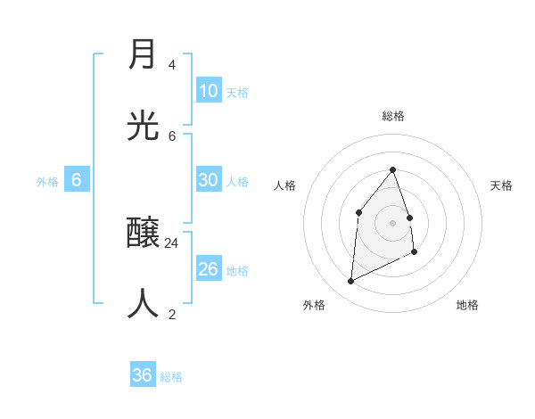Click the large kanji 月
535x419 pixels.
tap(143, 54)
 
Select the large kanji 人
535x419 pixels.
tap(143, 304)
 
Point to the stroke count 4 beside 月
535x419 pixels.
tap(171, 65)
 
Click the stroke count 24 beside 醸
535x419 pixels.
tap(171, 242)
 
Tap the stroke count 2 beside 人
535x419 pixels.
tap(171, 314)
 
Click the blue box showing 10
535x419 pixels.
tap(209, 91)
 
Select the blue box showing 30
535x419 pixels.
tap(209, 180)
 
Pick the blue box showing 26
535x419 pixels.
tap(209, 269)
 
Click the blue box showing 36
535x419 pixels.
tap(143, 375)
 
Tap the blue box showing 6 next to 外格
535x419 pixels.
tap(77, 180)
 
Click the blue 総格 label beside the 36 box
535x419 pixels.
tap(171, 377)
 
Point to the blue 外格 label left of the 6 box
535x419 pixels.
tap(47, 182)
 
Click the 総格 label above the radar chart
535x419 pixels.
tap(393, 116)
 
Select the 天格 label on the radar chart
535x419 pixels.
tap(501, 185)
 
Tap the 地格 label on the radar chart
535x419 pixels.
tap(467, 305)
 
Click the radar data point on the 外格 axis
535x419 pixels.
tap(351, 282)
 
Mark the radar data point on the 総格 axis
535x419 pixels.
tap(393, 169)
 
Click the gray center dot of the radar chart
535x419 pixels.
tap(393, 223)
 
